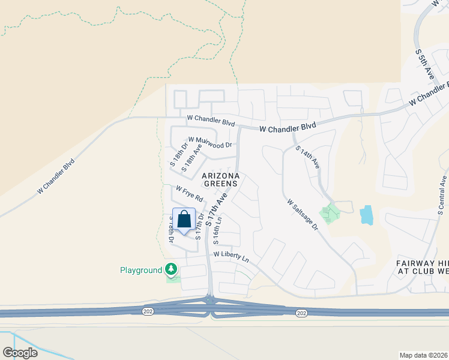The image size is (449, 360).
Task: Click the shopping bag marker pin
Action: point(184,220)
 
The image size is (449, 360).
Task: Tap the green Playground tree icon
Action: point(172,269)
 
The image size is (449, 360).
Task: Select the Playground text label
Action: point(140,271)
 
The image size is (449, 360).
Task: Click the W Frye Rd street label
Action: point(189,193)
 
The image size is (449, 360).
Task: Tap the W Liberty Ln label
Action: point(231,257)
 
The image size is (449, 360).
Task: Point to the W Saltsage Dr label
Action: point(303,211)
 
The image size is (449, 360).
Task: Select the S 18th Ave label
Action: point(188,160)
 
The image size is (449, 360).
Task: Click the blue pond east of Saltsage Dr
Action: point(366,215)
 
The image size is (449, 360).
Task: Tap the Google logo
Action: point(20,353)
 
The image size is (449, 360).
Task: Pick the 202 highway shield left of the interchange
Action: point(148,311)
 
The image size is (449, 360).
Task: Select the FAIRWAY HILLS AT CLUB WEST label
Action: point(422,267)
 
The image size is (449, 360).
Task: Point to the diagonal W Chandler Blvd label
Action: point(56,175)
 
